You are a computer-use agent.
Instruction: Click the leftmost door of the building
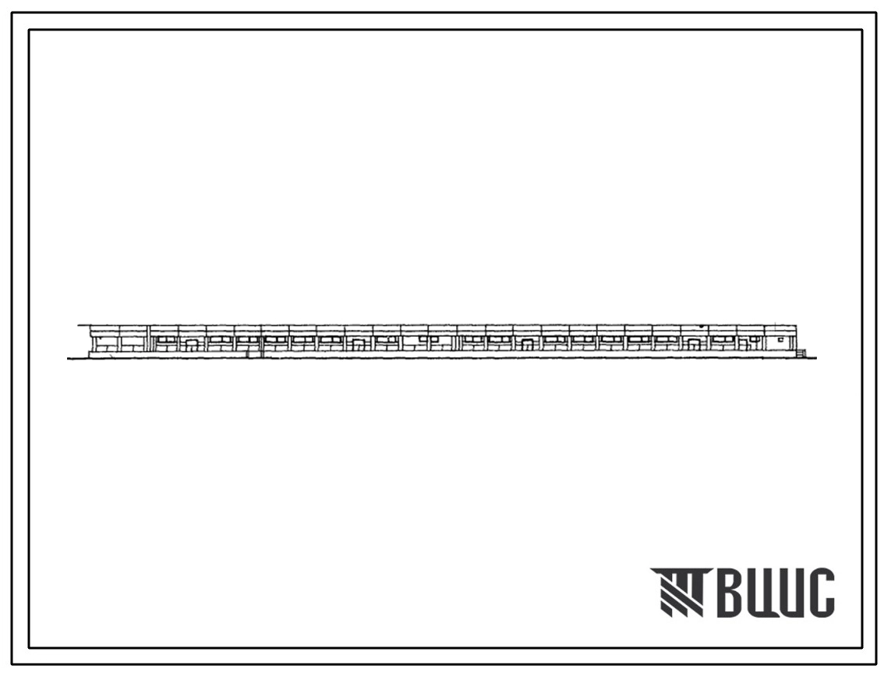pyautogui.click(x=192, y=345)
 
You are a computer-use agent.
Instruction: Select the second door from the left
pyautogui.click(x=359, y=345)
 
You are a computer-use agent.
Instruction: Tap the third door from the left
pyautogui.click(x=526, y=345)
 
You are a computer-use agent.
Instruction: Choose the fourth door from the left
pyautogui.click(x=691, y=345)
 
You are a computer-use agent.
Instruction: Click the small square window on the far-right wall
pyautogui.click(x=780, y=339)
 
